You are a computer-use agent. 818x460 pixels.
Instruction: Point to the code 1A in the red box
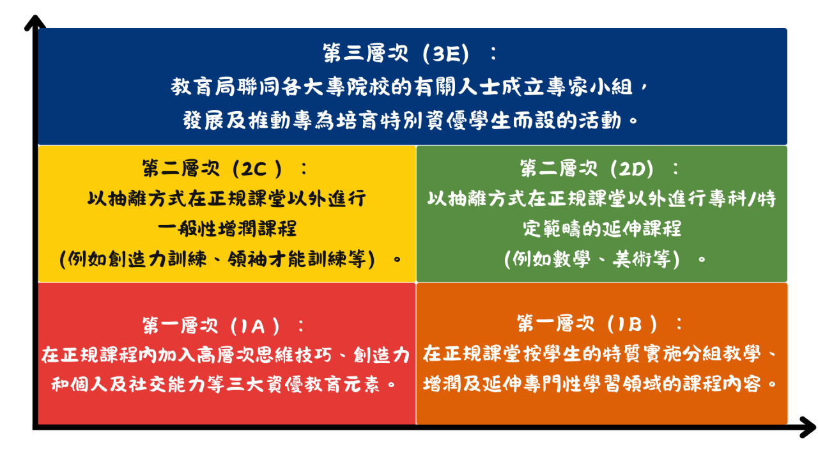pos(252,326)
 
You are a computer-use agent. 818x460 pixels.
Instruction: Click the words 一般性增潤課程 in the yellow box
pos(227,229)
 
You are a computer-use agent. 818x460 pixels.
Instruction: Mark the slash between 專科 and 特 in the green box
pos(752,199)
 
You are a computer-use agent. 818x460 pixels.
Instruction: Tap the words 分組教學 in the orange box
pos(723,354)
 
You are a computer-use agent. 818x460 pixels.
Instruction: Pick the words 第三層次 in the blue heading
pos(366,54)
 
